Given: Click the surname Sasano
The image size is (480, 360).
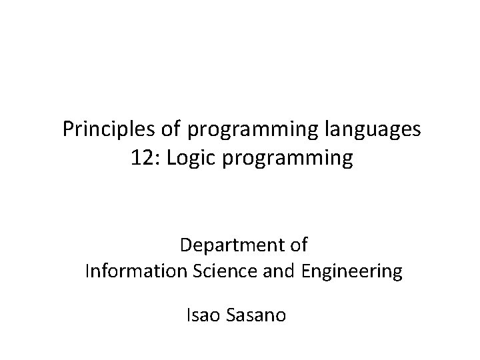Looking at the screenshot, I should pyautogui.click(x=257, y=314).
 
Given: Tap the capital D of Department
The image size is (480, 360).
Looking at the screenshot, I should pyautogui.click(x=185, y=245).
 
